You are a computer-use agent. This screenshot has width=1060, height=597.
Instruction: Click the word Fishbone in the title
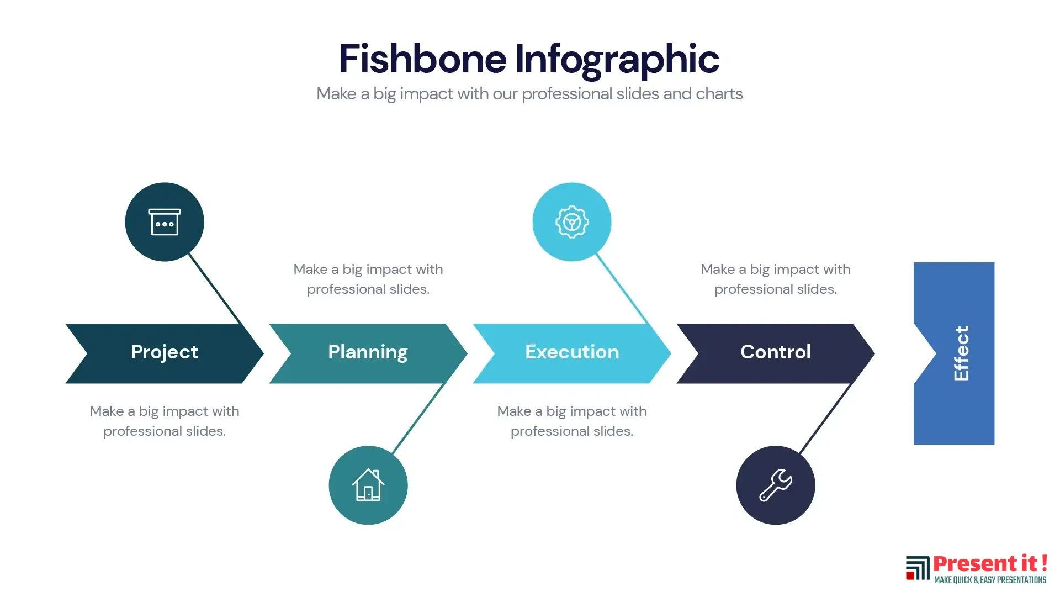pyautogui.click(x=422, y=59)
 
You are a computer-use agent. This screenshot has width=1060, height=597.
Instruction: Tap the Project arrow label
pyautogui.click(x=165, y=352)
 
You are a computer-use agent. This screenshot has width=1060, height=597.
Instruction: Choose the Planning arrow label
pyautogui.click(x=368, y=352)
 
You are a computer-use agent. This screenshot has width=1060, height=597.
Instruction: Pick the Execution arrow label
pyautogui.click(x=572, y=352)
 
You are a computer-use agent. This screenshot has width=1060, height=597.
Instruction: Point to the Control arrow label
pyautogui.click(x=776, y=352)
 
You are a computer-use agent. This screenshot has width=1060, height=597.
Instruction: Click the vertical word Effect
pyautogui.click(x=961, y=353)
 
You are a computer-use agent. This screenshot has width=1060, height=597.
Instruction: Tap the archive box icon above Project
pyautogui.click(x=165, y=222)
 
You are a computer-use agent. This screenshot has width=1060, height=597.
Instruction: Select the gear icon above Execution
pyautogui.click(x=572, y=222)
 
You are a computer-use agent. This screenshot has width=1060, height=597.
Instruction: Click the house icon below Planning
pyautogui.click(x=368, y=485)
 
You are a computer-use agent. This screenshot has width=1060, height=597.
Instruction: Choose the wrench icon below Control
pyautogui.click(x=776, y=485)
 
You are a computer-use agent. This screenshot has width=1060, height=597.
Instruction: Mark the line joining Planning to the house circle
pyautogui.click(x=418, y=418)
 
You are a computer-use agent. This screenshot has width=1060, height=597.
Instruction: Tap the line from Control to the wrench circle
pyautogui.click(x=826, y=418)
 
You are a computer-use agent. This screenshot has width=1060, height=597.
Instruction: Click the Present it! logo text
pyautogui.click(x=990, y=564)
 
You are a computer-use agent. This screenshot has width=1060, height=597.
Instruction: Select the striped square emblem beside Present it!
pyautogui.click(x=918, y=568)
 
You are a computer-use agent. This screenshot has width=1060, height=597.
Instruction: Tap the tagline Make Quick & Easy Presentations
pyautogui.click(x=990, y=580)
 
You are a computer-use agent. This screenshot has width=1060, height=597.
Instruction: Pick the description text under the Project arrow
pyautogui.click(x=165, y=421)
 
